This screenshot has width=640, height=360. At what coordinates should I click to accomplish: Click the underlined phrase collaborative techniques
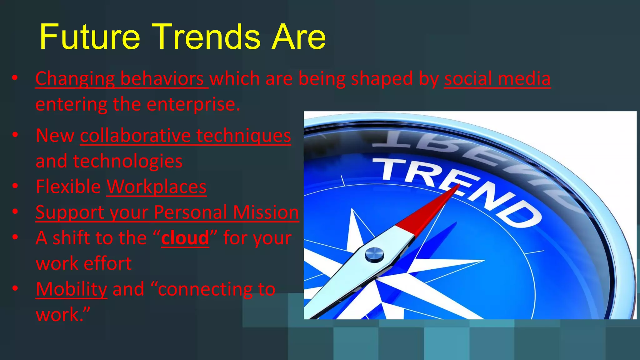[x=185, y=136]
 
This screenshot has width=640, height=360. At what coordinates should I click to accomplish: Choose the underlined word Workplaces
[x=156, y=187]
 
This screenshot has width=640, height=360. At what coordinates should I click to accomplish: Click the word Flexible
[x=68, y=187]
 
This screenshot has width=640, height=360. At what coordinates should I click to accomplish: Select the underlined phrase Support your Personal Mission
[x=167, y=212]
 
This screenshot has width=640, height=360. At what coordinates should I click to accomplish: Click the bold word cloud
[x=185, y=238]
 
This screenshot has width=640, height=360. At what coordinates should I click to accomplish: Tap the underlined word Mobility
[x=71, y=289]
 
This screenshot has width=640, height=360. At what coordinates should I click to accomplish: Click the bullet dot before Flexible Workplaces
[x=15, y=186]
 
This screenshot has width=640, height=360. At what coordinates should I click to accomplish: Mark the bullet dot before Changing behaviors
[x=15, y=78]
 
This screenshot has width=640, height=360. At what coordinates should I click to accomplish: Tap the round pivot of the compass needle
[x=374, y=254]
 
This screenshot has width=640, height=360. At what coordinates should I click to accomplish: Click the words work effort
[x=84, y=263]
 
